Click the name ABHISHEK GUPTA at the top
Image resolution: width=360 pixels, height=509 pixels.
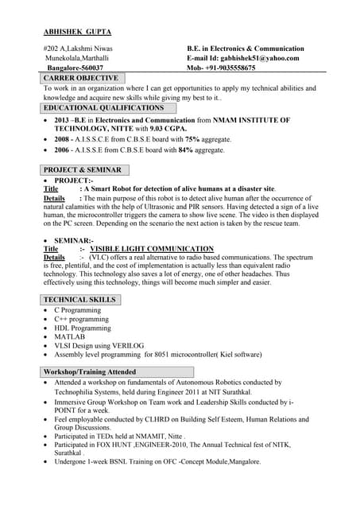click(77, 32)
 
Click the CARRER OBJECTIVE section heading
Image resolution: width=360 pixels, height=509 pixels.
click(81, 79)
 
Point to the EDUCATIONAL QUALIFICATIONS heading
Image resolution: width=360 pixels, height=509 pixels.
click(104, 107)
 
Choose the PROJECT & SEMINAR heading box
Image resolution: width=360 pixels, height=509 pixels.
click(83, 170)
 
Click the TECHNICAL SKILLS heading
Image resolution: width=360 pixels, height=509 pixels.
click(80, 300)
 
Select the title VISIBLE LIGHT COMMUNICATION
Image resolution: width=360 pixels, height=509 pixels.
click(157, 249)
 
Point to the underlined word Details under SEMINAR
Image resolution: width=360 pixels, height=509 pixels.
click(54, 258)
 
